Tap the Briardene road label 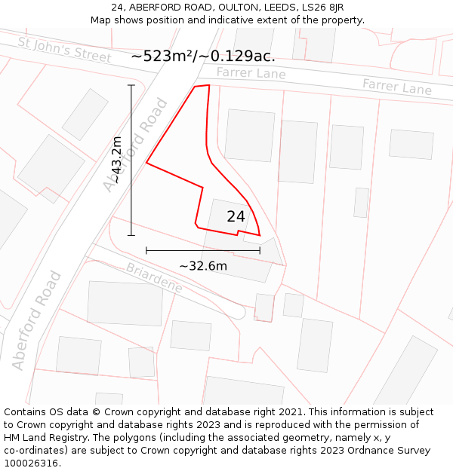click(154, 278)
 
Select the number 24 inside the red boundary click(236, 216)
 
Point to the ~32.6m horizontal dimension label click(202, 265)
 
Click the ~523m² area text click(163, 56)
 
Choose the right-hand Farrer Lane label click(397, 87)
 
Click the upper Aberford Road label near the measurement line click(136, 145)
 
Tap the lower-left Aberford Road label click(36, 320)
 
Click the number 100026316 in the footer click(31, 463)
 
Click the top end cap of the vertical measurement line click(131, 85)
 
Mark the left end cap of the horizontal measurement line click(146, 249)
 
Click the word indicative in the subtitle click(226, 20)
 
